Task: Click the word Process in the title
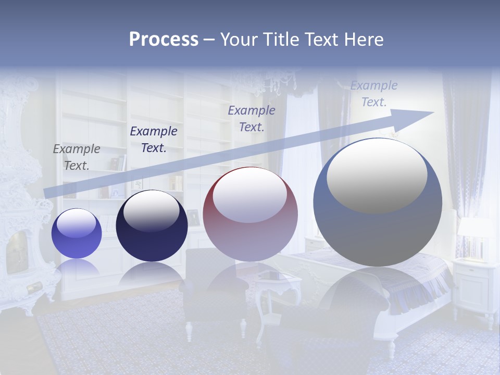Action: [x=164, y=40]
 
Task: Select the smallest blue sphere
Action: [x=77, y=233]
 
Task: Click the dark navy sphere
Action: [x=152, y=226]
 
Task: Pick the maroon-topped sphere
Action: [x=250, y=214]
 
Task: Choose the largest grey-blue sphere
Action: [x=378, y=203]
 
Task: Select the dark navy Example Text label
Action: [x=153, y=140]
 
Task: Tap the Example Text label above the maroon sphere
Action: [x=252, y=118]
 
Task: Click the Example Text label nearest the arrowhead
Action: [x=373, y=94]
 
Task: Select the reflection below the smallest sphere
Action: [x=77, y=268]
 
